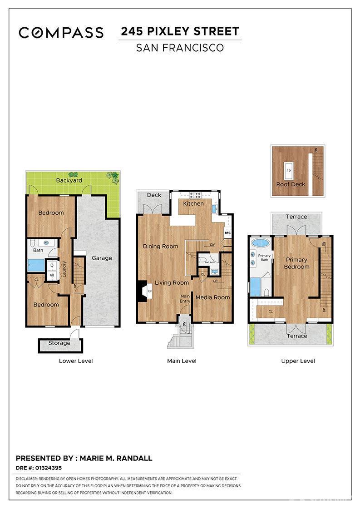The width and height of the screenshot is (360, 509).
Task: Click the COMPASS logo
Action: coord(61,32)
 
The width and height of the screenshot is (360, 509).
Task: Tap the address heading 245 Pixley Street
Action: coord(180,31)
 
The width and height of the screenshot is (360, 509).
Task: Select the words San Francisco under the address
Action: coord(180,47)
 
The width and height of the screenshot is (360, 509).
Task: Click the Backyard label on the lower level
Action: coord(69,180)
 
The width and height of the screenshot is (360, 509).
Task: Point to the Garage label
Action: coord(102,258)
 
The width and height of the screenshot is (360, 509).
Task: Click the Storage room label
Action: coord(59,343)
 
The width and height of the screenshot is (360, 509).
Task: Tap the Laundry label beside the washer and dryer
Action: coord(65,268)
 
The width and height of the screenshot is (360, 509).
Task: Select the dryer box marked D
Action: coord(52,265)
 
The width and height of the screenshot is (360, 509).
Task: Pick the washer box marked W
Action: coord(52,275)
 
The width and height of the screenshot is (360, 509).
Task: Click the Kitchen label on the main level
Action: coord(193,203)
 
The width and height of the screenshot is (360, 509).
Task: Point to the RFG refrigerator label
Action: coord(227,233)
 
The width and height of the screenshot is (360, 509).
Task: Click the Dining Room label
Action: coord(160,246)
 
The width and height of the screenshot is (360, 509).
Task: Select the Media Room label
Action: coord(212,297)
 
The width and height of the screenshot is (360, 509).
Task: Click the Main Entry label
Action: coord(185,298)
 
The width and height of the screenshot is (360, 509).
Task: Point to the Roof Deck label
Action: coord(291,184)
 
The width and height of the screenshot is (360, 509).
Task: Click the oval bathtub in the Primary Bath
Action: coord(260,242)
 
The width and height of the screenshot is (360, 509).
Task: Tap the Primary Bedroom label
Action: coord(296,263)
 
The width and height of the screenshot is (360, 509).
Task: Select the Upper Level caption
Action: coord(298,361)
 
